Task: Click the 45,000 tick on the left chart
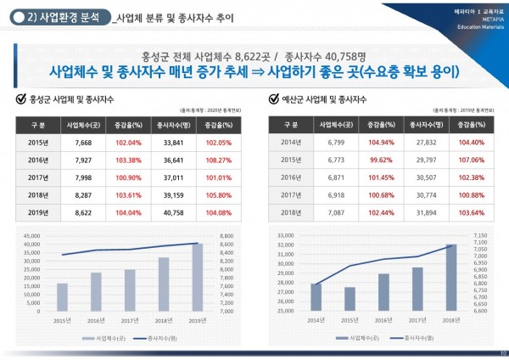coord(31,236)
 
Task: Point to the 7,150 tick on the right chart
coord(478,235)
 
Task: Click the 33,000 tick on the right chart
coord(286,235)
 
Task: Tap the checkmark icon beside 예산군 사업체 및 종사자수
coord(275,98)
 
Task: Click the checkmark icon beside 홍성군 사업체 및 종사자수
coord(20,98)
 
